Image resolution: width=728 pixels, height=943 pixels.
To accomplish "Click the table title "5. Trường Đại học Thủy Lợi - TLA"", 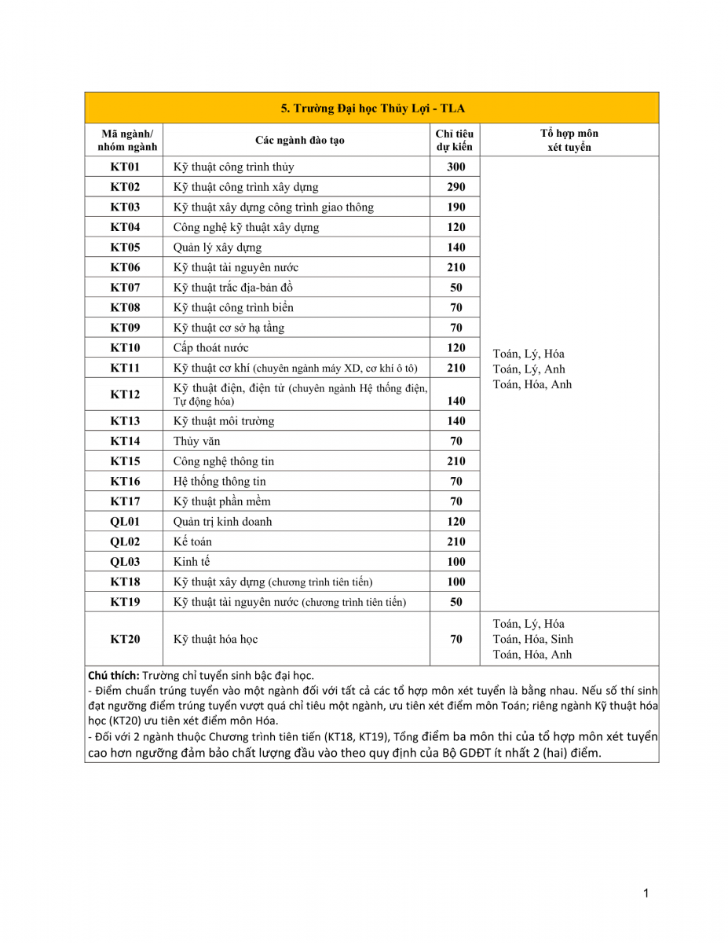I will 372,108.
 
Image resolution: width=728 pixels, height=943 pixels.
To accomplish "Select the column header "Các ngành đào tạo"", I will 299,141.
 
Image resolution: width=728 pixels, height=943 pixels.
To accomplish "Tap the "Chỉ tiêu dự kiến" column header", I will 455,141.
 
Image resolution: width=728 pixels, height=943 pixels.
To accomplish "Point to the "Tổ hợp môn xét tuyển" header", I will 569,141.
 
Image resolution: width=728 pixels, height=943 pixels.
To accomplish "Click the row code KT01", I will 125,167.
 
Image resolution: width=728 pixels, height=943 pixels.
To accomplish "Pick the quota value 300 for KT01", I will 455,167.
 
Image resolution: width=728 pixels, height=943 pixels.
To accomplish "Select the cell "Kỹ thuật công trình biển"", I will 233,307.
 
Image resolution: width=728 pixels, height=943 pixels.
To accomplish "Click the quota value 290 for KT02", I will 455,187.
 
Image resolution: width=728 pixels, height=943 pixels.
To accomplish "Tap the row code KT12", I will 125,394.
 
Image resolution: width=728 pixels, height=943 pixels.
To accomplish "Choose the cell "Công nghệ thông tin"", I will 224,461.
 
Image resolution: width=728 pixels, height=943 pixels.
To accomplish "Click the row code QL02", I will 125,541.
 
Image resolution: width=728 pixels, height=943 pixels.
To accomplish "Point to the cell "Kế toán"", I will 192,541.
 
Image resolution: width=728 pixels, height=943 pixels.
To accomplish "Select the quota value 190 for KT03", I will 455,207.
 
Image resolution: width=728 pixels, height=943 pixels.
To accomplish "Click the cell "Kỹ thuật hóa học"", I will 215,639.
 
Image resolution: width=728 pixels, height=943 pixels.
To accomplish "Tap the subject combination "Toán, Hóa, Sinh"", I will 532,639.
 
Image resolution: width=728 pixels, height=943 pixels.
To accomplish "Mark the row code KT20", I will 125,639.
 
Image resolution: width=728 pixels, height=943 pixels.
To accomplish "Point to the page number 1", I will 646,893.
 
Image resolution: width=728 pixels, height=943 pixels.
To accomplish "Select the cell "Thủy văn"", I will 196,441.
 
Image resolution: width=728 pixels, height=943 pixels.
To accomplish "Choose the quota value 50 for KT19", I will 455,602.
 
